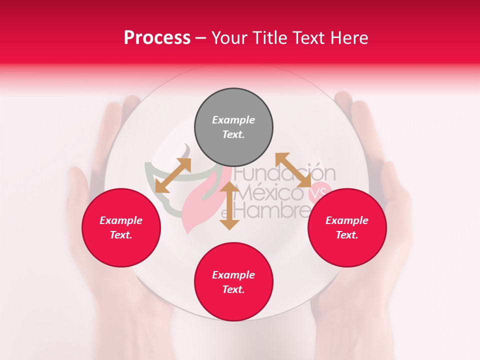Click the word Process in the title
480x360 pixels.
point(157,38)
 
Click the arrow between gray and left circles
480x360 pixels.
point(173,175)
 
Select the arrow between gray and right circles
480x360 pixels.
point(294,170)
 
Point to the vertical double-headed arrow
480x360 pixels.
point(229,206)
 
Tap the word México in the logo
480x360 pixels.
point(272,192)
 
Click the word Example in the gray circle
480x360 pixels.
point(233,120)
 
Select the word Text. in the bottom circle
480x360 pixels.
point(233,289)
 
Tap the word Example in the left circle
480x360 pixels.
point(121,220)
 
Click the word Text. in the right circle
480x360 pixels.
point(347,235)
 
